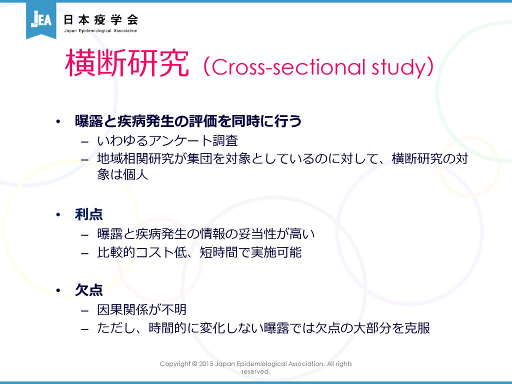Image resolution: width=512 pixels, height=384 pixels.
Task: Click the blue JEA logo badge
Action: click(41, 19)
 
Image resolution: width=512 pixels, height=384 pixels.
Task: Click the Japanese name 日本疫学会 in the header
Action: click(100, 20)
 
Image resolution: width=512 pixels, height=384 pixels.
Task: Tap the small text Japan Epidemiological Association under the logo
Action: click(100, 30)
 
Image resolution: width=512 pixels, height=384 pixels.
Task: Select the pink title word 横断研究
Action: click(127, 63)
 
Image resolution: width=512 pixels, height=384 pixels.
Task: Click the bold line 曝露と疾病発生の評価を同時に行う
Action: click(188, 121)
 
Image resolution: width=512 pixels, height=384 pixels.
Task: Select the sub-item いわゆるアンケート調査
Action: click(167, 140)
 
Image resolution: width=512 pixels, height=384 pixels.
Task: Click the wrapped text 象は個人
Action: click(122, 174)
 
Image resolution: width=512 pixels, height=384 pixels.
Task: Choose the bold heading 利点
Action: click(89, 214)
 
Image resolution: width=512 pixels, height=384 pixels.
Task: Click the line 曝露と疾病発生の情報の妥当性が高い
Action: click(205, 234)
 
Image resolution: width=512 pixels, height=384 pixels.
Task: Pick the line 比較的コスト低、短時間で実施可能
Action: click(199, 252)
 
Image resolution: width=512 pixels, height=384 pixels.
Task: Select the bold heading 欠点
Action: click(89, 290)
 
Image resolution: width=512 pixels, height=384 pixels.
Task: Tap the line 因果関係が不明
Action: click(141, 309)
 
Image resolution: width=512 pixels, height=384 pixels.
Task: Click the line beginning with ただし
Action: click(263, 328)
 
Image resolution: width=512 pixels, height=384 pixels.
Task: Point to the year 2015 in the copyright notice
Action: click(206, 364)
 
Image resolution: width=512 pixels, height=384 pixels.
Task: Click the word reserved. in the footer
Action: click(255, 371)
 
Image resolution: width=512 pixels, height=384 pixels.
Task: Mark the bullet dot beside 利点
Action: click(58, 215)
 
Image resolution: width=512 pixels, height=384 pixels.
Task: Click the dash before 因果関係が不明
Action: click(85, 310)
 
